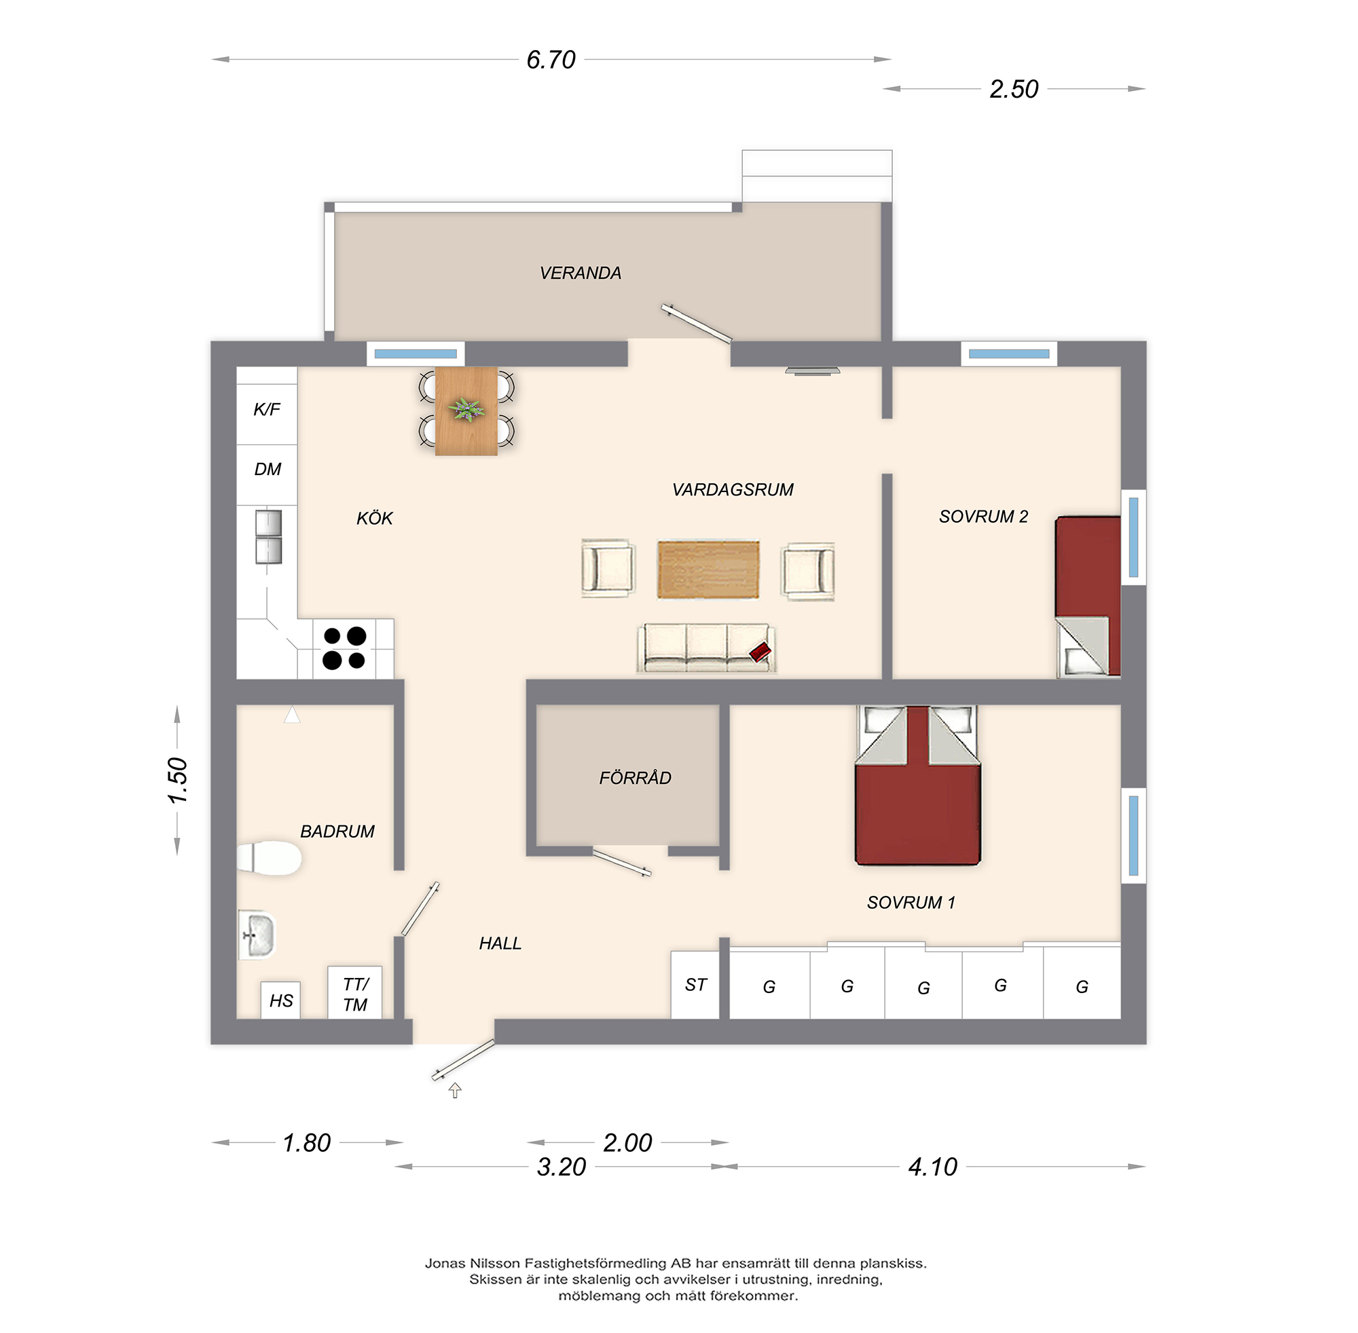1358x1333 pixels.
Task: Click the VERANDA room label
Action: click(x=580, y=273)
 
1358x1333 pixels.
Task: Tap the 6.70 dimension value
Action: click(x=551, y=60)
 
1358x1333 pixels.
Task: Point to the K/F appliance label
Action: click(x=266, y=409)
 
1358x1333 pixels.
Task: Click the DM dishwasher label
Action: click(x=267, y=469)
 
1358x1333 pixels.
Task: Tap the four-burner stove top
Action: click(x=344, y=647)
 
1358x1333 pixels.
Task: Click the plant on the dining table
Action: click(x=466, y=409)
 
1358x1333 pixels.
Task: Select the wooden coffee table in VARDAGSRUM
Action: click(x=708, y=569)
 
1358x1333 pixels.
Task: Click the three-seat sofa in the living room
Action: click(x=705, y=648)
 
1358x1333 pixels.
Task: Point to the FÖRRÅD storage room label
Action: click(x=635, y=778)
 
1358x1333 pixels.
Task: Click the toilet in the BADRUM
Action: click(x=269, y=858)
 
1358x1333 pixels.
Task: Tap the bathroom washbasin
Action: click(x=257, y=934)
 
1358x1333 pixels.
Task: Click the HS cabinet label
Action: click(x=281, y=1000)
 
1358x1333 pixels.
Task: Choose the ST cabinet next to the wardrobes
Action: click(x=695, y=985)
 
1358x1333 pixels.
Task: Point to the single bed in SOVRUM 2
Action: click(x=1088, y=595)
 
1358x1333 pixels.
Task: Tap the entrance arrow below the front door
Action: click(x=454, y=1090)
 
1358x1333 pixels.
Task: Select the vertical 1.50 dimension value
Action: click(x=178, y=780)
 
